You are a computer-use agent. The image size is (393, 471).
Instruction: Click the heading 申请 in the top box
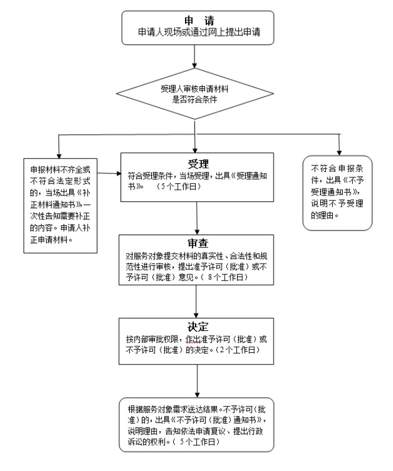click(200, 21)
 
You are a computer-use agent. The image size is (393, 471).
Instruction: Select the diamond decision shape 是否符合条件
click(194, 94)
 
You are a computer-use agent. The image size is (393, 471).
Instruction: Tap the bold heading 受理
click(198, 164)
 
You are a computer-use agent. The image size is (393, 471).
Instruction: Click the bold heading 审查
click(198, 243)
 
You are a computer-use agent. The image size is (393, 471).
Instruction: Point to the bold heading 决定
click(198, 327)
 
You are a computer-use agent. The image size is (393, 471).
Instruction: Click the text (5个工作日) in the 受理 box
click(179, 187)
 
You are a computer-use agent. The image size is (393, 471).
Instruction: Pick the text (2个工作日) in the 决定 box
click(238, 350)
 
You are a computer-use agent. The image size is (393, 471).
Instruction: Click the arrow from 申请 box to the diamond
click(194, 57)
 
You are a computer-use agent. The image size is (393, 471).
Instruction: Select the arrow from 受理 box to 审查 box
click(197, 218)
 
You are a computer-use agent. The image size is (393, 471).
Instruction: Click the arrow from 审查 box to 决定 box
click(196, 301)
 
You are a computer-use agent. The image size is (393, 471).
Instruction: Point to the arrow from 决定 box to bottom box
click(197, 381)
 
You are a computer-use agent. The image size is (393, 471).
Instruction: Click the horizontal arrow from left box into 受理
click(109, 173)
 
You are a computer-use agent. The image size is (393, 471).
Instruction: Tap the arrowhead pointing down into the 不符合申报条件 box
click(339, 152)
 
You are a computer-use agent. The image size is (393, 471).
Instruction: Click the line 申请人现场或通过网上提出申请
click(199, 32)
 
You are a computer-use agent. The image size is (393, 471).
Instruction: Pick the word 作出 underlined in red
click(193, 339)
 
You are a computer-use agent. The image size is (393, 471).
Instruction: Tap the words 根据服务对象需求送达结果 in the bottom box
click(173, 409)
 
